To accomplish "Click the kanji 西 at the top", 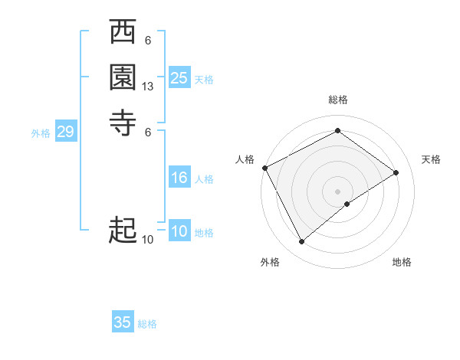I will [123, 34].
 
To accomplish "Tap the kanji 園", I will [123, 77].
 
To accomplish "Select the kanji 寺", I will [123, 121].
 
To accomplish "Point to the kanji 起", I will [123, 230].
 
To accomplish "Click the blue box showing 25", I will [179, 78].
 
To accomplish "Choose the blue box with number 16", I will [179, 178].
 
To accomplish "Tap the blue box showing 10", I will [179, 232].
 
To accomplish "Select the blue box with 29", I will [65, 133].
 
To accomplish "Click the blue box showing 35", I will [123, 322].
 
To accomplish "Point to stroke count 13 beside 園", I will [148, 87].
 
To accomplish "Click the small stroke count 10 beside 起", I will [148, 240].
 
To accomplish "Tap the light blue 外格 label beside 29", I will [41, 133].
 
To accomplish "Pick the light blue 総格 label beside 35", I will [147, 324].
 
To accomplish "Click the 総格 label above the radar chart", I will [338, 100].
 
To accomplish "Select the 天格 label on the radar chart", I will [431, 159].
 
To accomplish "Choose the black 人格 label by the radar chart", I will [245, 159].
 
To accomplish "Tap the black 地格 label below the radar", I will [402, 262].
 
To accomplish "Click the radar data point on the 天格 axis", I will [396, 172].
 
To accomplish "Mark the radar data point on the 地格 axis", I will [347, 204].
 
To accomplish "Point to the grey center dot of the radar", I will [337, 191].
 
